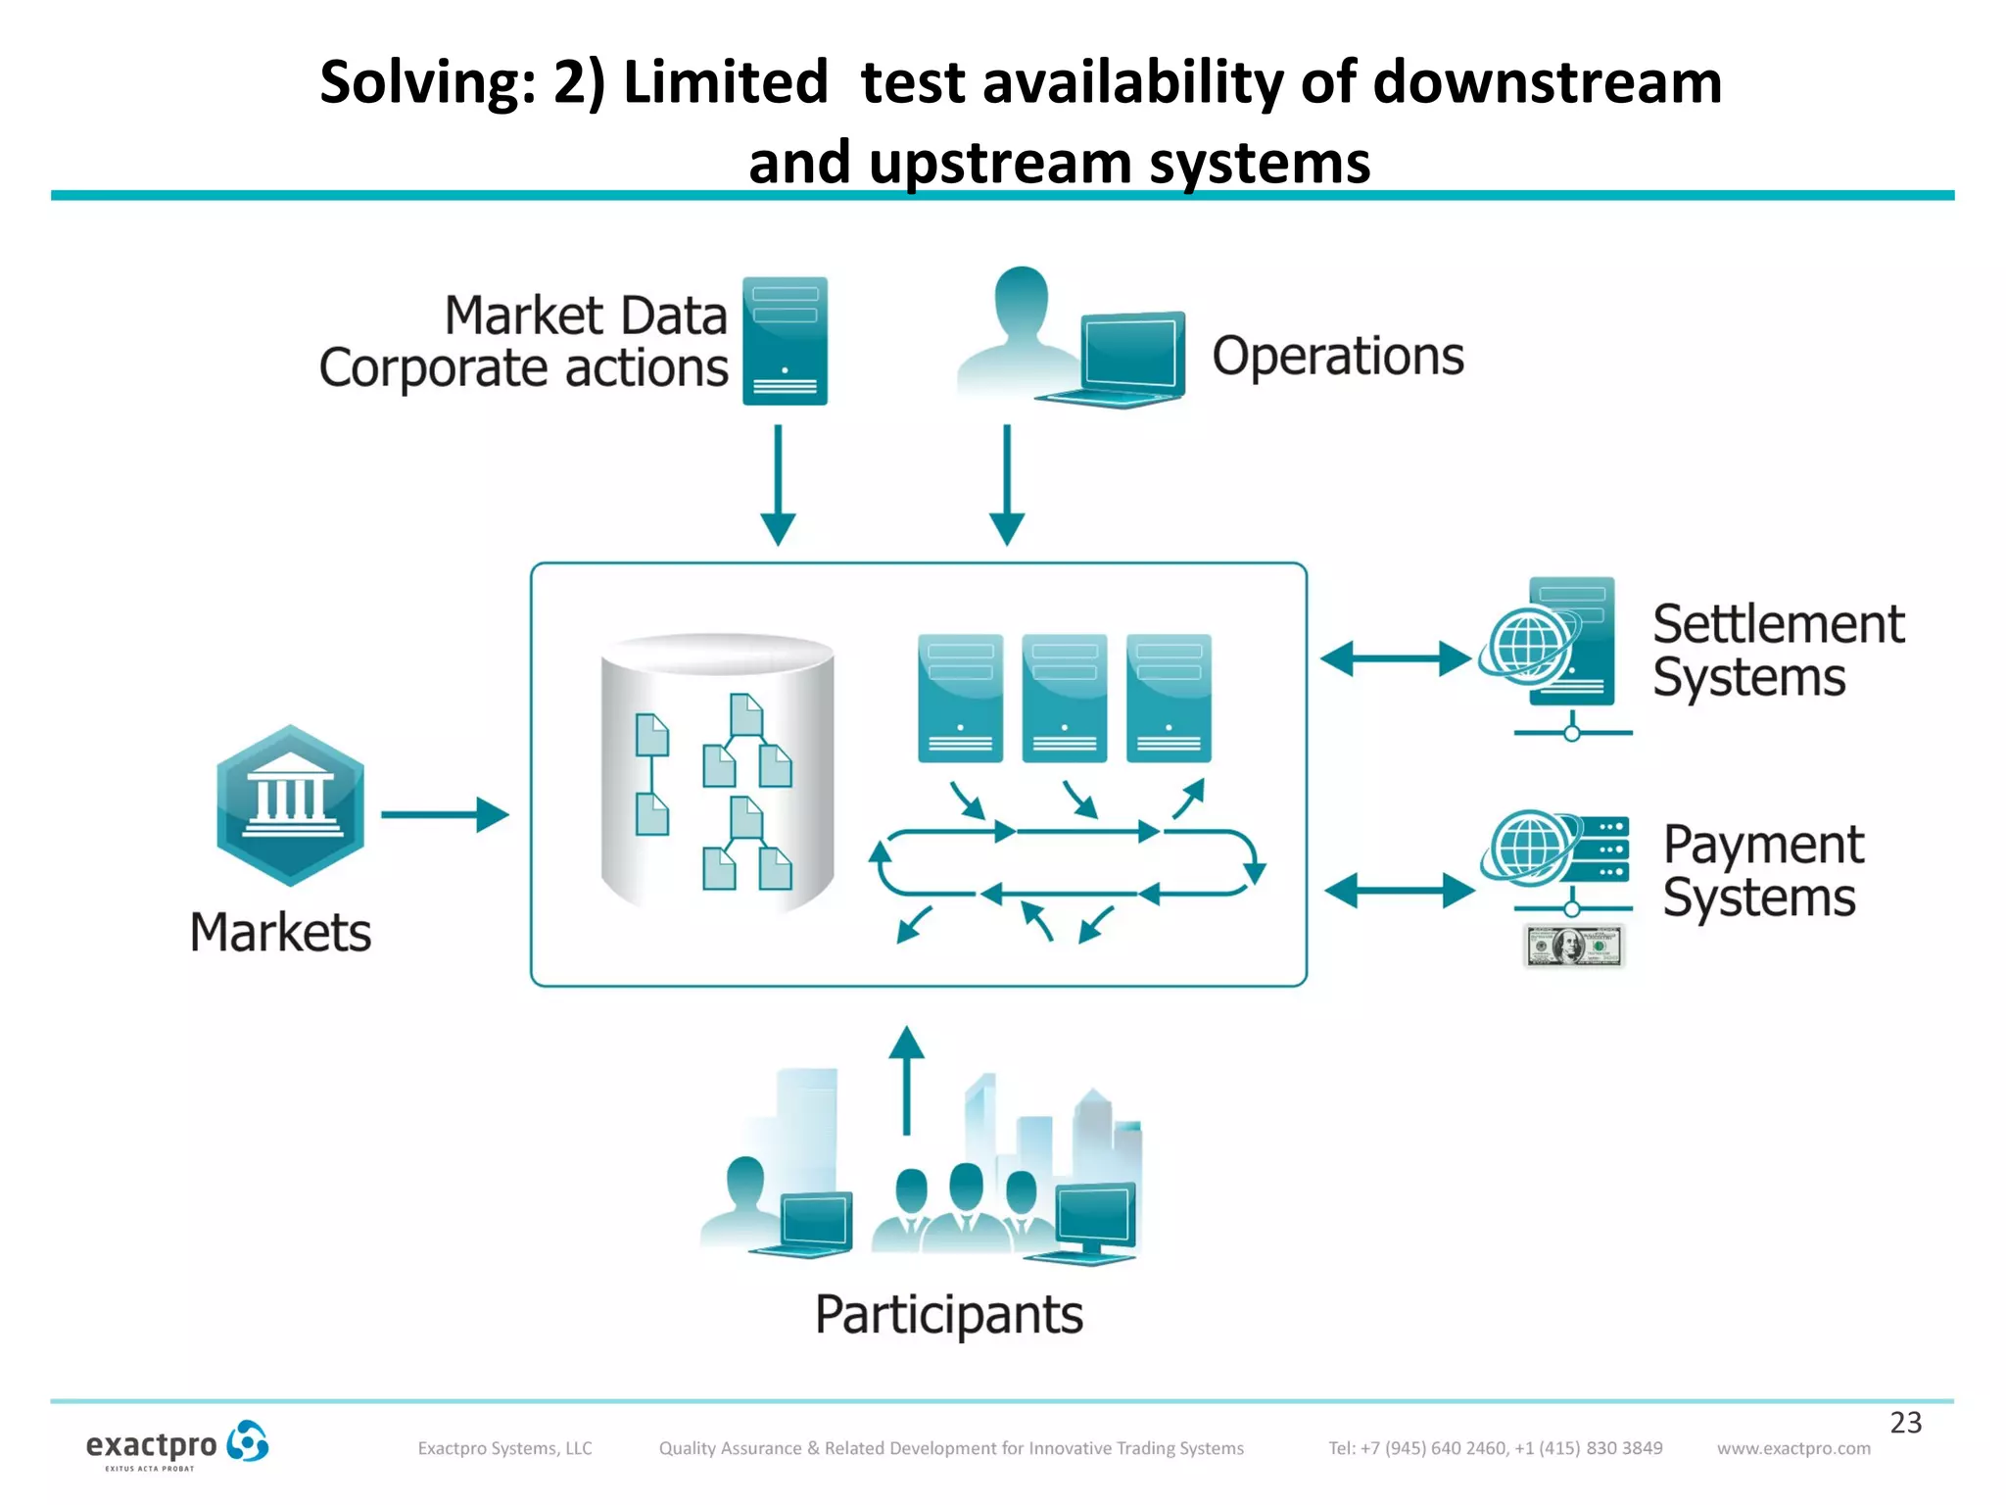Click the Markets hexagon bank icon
(290, 805)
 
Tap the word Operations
(1337, 356)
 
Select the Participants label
(948, 1314)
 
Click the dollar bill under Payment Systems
(1574, 947)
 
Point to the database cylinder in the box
(717, 774)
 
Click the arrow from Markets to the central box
(445, 814)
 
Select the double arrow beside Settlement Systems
(1396, 658)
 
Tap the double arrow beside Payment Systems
(1399, 891)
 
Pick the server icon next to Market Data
(785, 341)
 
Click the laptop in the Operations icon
(1126, 359)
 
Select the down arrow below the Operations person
(1006, 485)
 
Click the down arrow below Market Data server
(778, 485)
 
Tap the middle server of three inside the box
(1064, 698)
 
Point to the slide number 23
(1905, 1422)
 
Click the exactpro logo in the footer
(176, 1445)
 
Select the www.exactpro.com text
(1792, 1448)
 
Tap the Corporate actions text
(523, 369)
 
